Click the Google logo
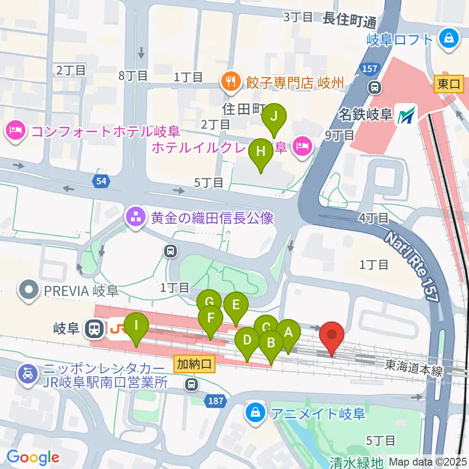tap(33, 458)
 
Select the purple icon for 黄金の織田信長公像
tap(136, 217)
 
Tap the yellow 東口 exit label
tap(448, 84)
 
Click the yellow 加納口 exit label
tap(194, 363)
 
